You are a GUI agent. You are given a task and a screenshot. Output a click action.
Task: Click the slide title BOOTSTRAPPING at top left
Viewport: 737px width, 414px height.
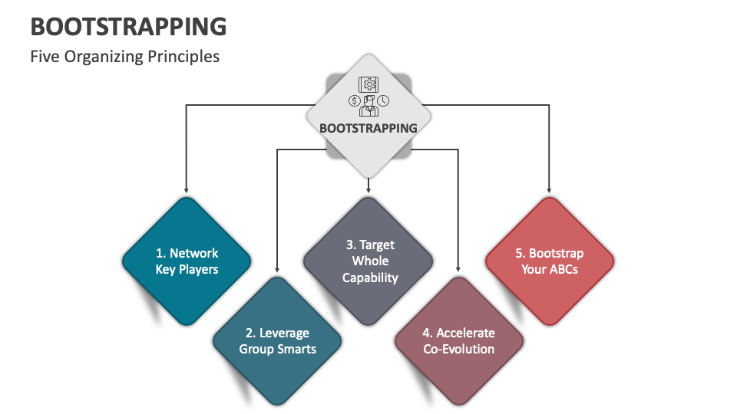click(x=128, y=26)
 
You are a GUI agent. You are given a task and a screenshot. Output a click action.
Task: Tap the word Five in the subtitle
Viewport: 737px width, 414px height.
click(x=45, y=57)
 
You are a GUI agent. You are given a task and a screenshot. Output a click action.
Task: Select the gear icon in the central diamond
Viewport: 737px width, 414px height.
click(x=368, y=84)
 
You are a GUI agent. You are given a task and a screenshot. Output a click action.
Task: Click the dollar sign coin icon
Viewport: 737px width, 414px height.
click(x=354, y=100)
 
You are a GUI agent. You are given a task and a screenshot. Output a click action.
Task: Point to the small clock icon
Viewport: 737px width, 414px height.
click(x=383, y=100)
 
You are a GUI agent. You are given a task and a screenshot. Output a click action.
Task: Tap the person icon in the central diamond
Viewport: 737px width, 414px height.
click(x=368, y=106)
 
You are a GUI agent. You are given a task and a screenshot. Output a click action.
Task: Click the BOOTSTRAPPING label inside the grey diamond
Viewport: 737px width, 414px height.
click(x=368, y=128)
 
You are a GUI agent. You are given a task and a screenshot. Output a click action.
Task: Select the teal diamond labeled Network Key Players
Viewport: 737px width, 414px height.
click(x=187, y=261)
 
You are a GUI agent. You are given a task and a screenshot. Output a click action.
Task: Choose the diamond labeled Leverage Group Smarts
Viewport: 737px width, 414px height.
click(x=277, y=341)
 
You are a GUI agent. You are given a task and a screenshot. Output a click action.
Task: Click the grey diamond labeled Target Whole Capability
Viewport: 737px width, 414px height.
click(x=369, y=261)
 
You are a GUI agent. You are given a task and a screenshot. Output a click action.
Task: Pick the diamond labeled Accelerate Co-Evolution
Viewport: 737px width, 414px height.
click(x=459, y=341)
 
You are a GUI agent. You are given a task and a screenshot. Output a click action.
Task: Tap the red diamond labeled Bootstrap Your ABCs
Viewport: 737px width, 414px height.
click(x=550, y=261)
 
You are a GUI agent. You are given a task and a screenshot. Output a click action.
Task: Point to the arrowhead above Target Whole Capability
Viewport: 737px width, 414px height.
click(x=369, y=189)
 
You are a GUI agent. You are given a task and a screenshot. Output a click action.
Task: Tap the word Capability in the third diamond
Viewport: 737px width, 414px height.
click(x=370, y=278)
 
